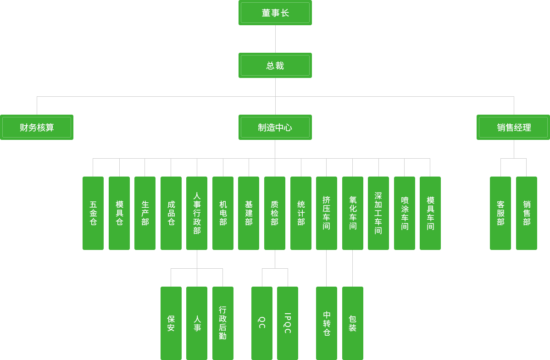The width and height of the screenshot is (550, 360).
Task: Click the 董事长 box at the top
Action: click(x=275, y=13)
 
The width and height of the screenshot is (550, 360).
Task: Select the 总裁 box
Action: click(x=275, y=66)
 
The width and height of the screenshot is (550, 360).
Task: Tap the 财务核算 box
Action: click(x=37, y=127)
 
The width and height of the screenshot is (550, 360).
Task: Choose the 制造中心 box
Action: click(x=275, y=127)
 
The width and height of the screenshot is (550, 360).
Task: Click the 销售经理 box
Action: click(x=513, y=127)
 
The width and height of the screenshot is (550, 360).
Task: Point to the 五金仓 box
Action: click(x=93, y=213)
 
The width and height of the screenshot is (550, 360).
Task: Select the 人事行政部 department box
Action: click(x=197, y=213)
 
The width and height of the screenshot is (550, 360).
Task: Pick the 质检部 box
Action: click(x=275, y=213)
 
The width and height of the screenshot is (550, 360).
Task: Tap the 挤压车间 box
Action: click(x=327, y=213)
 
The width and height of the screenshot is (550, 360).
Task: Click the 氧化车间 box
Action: click(x=353, y=213)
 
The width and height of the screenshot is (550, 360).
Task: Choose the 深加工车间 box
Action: click(x=378, y=213)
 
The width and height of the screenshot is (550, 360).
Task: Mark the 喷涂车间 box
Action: click(x=405, y=213)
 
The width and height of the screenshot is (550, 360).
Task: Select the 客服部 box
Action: click(x=500, y=213)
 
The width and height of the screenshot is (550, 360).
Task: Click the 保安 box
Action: click(x=171, y=323)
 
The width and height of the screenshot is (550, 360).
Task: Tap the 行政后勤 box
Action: click(x=223, y=323)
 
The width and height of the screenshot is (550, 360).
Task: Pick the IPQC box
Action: click(x=288, y=323)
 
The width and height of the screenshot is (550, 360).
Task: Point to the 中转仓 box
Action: click(x=327, y=323)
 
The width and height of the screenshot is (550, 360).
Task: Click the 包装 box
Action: click(x=353, y=323)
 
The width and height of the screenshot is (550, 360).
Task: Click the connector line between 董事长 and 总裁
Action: click(x=275, y=39)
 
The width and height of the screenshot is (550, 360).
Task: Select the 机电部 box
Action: click(x=223, y=213)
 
